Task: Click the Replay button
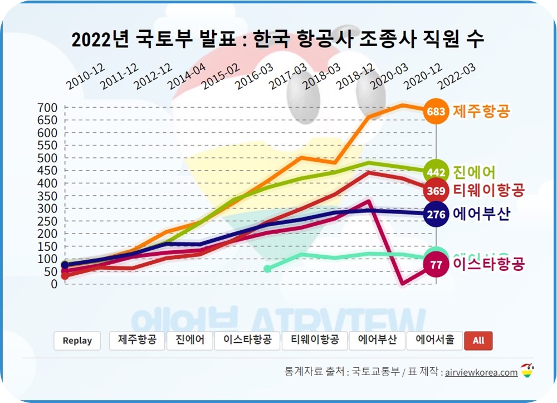click(x=77, y=341)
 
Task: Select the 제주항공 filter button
click(x=137, y=340)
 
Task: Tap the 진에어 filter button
click(x=189, y=340)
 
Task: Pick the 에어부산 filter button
click(x=377, y=340)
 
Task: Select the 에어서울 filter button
click(x=434, y=340)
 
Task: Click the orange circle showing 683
click(x=436, y=112)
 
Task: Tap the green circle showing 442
click(x=436, y=172)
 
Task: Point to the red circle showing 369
click(x=436, y=191)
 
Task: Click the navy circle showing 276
click(x=436, y=214)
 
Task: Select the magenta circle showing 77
click(x=436, y=265)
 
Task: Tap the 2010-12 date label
click(x=85, y=77)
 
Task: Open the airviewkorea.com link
click(x=481, y=372)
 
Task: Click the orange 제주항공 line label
click(x=481, y=111)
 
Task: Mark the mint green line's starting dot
click(x=267, y=269)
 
